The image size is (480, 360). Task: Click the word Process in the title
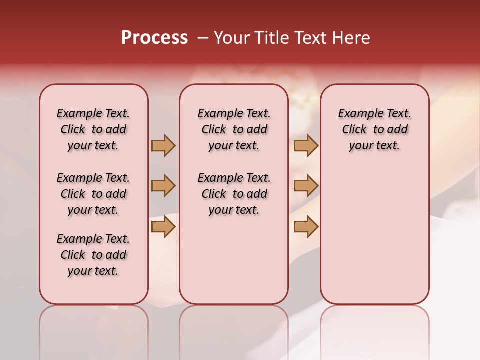(x=154, y=38)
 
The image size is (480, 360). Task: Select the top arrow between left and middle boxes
(x=163, y=145)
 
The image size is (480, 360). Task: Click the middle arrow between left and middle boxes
(x=163, y=186)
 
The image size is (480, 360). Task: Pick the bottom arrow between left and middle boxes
(x=163, y=226)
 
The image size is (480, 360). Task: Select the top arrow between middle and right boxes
(x=306, y=145)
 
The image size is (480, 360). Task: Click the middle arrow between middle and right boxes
(x=306, y=186)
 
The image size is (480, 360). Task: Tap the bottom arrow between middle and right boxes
(x=306, y=226)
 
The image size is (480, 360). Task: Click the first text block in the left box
(x=93, y=129)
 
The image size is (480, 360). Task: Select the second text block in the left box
(x=93, y=194)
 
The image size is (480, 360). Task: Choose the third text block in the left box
(x=93, y=255)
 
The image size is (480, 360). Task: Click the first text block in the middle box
(x=234, y=129)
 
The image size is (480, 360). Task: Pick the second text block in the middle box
(x=234, y=194)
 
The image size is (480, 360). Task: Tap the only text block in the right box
(x=374, y=129)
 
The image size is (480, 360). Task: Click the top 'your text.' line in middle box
(x=234, y=146)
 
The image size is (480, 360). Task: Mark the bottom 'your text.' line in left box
(x=93, y=271)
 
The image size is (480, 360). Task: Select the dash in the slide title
(x=203, y=38)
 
